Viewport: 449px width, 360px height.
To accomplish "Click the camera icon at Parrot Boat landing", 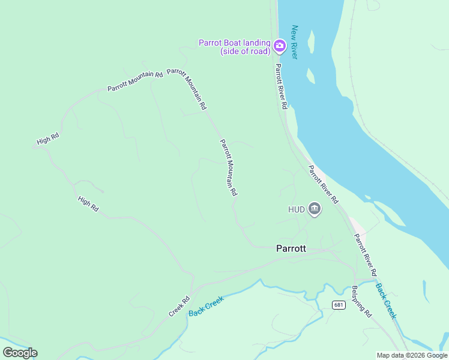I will tap(279, 46).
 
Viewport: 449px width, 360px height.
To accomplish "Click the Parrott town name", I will tap(291, 248).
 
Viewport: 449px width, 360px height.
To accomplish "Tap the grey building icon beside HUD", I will tap(314, 209).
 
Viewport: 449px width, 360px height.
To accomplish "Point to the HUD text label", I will tap(297, 209).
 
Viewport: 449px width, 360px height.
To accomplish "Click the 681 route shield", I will tap(339, 305).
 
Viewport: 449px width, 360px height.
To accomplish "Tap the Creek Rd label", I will tap(179, 307).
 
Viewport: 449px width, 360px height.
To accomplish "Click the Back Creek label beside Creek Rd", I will tap(206, 306).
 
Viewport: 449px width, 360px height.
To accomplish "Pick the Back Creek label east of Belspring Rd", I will tap(386, 300).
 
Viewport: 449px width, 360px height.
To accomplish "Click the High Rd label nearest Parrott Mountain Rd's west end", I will tap(47, 139).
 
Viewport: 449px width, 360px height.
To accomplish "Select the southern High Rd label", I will tap(88, 203).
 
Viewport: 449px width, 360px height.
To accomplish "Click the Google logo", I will tap(20, 353).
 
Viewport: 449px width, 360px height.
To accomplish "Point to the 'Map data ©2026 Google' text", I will tap(412, 355).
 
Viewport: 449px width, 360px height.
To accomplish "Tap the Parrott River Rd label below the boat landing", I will tap(281, 86).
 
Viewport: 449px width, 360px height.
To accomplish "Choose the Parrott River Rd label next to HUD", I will tap(324, 185).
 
